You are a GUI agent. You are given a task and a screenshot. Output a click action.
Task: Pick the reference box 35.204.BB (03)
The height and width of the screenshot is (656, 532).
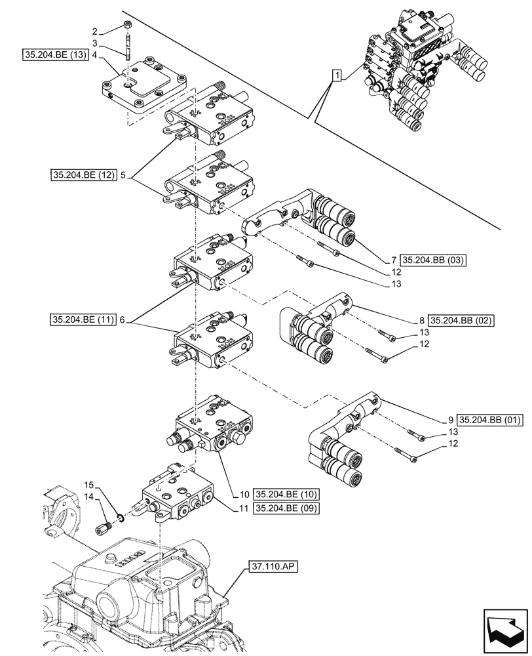(432, 260)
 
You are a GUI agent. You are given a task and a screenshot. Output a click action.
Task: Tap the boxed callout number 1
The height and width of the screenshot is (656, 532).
(336, 76)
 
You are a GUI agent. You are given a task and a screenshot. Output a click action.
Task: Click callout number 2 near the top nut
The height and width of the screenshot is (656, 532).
(96, 31)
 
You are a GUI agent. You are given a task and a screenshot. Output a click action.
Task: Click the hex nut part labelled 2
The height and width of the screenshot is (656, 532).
(128, 27)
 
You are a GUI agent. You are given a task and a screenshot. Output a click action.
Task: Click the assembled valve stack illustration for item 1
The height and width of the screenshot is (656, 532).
(419, 72)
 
